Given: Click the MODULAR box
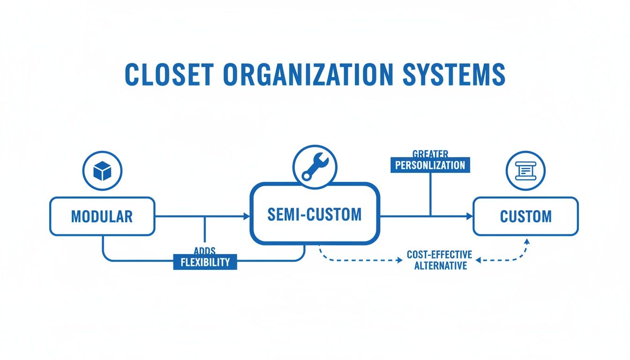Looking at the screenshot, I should point(102,216).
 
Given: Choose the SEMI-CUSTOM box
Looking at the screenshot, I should point(315,214).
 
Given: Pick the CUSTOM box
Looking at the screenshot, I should point(525,216).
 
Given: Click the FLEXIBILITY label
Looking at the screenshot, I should point(205,262).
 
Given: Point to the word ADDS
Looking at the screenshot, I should point(204,251).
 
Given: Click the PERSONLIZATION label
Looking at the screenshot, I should point(430,165).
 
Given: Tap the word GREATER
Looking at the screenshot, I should point(430,154).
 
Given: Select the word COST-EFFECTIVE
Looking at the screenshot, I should point(439,255).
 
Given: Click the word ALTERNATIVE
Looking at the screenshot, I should point(440,266).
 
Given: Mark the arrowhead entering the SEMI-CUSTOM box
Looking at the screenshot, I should point(247,216).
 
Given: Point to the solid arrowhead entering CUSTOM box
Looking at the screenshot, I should point(469,216).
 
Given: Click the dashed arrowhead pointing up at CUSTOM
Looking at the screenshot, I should point(526,241).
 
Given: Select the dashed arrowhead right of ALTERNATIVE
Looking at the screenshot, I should point(479,260).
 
